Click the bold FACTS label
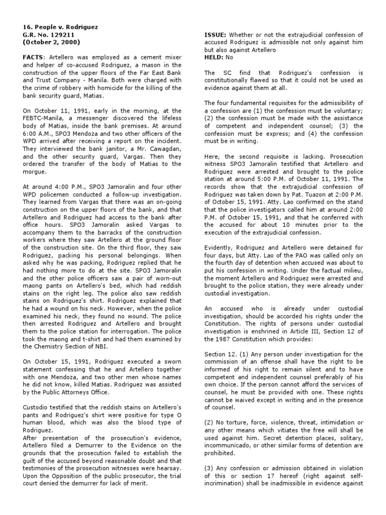[33, 58]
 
